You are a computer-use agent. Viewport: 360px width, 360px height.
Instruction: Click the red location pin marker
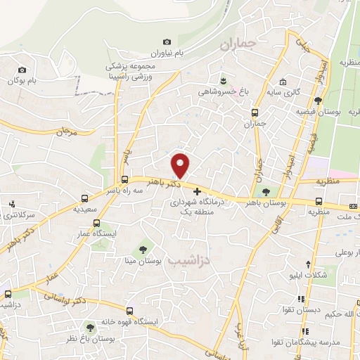181,165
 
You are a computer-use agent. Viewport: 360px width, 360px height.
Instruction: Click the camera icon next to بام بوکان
22,70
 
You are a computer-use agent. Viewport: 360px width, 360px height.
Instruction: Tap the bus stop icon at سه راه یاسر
124,179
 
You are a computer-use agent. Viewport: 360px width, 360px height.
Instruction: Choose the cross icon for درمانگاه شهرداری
197,191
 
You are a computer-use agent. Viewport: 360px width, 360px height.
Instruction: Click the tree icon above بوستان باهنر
265,191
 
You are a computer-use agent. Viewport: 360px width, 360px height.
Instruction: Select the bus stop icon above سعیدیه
84,198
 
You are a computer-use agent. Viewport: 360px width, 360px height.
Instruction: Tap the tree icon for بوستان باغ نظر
89,327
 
